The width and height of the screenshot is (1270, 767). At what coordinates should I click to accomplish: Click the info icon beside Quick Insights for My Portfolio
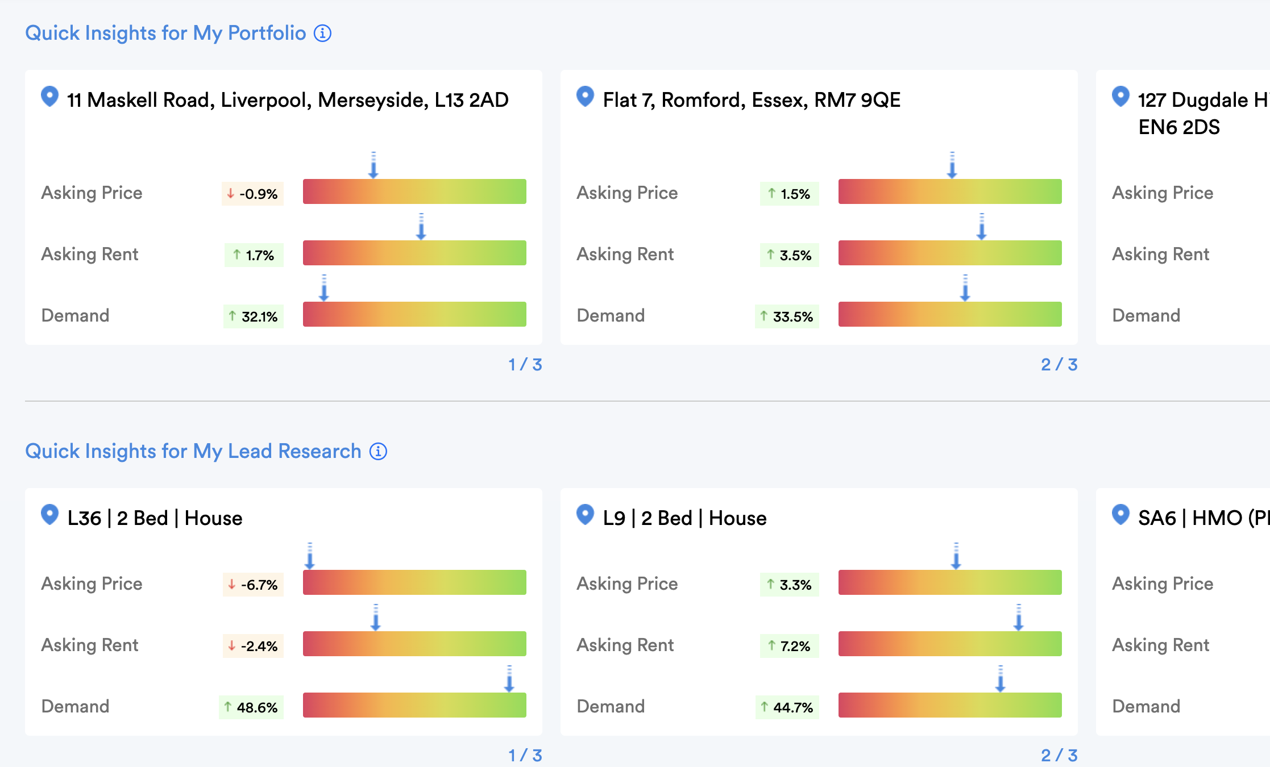click(x=322, y=34)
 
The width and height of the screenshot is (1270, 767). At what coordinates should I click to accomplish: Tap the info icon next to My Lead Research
click(x=378, y=452)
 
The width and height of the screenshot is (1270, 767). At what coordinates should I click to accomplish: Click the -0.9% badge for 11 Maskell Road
click(x=253, y=194)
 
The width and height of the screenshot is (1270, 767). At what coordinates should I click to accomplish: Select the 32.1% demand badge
click(x=254, y=316)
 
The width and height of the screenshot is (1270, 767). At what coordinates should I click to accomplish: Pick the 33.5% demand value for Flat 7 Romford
click(x=787, y=316)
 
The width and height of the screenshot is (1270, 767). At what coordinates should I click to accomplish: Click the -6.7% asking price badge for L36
click(x=253, y=585)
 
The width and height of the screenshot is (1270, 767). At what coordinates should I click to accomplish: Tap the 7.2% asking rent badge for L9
click(x=789, y=646)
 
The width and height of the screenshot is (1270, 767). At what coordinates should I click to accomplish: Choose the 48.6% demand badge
click(x=251, y=707)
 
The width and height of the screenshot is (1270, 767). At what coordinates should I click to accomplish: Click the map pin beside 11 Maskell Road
click(x=50, y=97)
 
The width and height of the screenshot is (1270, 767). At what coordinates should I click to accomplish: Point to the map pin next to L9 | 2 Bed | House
click(x=585, y=515)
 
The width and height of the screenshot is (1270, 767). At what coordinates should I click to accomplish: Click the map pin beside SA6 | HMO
click(x=1120, y=515)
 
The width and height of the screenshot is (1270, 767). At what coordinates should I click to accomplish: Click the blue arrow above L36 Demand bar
click(x=509, y=679)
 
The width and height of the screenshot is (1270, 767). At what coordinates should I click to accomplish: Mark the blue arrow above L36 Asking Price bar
click(x=310, y=556)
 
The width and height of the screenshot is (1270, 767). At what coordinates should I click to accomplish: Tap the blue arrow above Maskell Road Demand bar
click(x=324, y=288)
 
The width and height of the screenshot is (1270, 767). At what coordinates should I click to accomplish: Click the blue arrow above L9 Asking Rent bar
click(x=1019, y=618)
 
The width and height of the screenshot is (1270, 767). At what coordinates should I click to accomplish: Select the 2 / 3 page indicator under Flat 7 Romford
click(x=1059, y=365)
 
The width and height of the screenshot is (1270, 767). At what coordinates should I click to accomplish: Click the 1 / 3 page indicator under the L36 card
click(x=525, y=755)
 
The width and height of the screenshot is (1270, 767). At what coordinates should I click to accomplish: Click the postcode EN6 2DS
click(x=1179, y=127)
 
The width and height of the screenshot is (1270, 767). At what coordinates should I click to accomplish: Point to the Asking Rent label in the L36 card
click(x=90, y=645)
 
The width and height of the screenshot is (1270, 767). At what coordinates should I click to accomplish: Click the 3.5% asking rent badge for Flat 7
click(x=789, y=255)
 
